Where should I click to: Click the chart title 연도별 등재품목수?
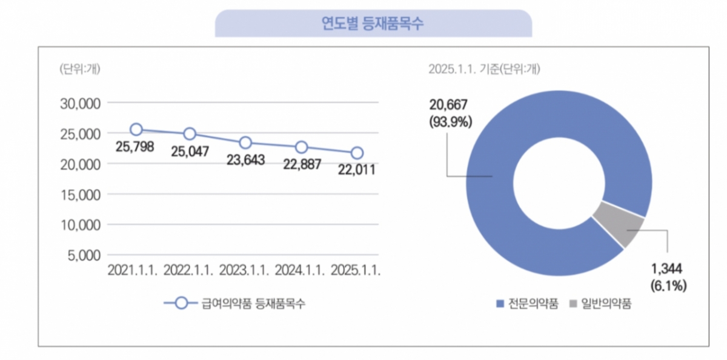click(373, 24)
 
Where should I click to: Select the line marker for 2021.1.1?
click(136, 129)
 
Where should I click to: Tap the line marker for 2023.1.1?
click(245, 142)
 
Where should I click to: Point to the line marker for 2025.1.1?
click(357, 153)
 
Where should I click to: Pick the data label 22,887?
click(302, 164)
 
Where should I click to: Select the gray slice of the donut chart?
click(618, 225)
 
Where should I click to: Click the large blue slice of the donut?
click(515, 230)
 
